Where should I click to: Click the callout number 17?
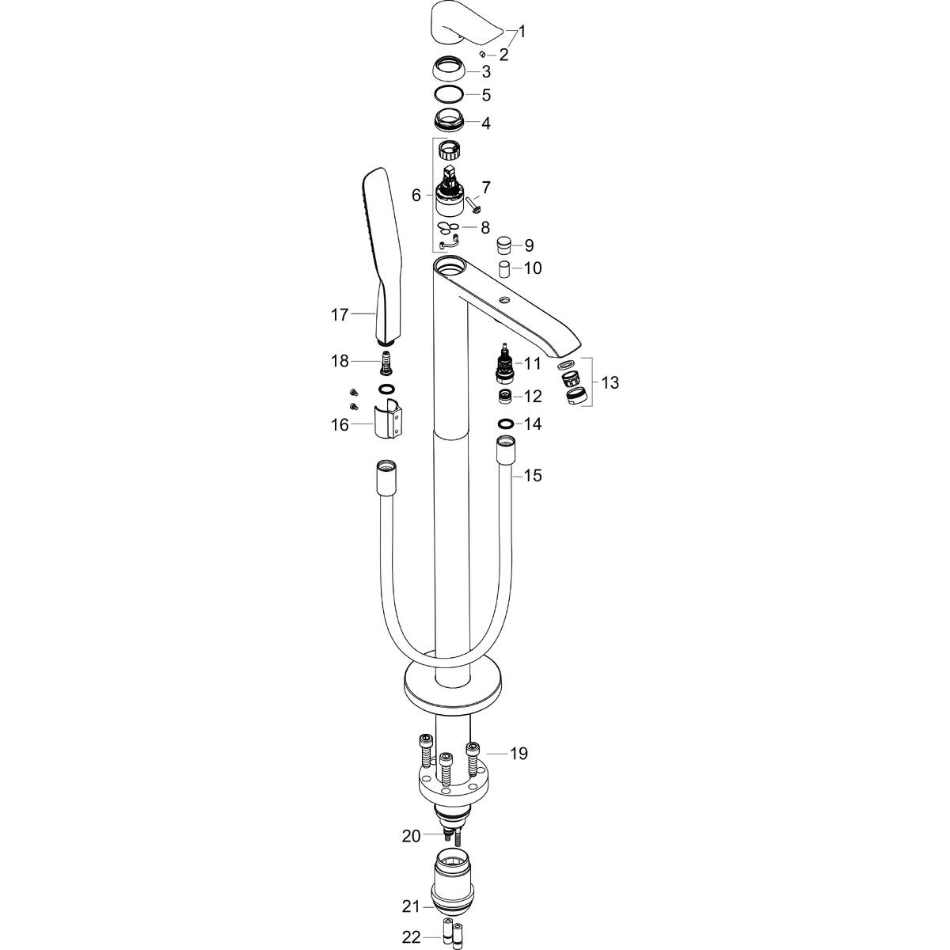(340, 315)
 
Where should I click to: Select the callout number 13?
(610, 383)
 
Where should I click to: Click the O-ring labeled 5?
(450, 95)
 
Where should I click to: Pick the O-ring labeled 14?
(506, 424)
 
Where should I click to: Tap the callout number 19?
(518, 754)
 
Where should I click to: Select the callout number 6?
(416, 195)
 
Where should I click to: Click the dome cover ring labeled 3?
(450, 70)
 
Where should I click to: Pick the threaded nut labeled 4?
(450, 122)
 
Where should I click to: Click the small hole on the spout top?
(503, 302)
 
